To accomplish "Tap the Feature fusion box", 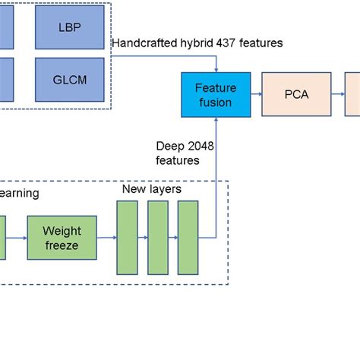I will (216, 95).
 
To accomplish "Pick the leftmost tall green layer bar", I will (127, 237).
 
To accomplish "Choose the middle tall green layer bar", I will (157, 237).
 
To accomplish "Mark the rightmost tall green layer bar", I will (188, 237).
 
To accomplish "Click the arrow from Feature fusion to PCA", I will (256, 95).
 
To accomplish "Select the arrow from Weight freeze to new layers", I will (108, 237).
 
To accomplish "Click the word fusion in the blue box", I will (216, 103).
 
